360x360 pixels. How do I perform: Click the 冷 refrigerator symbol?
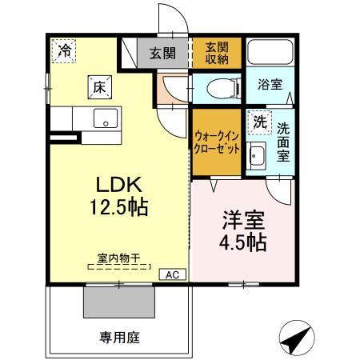click(63, 50)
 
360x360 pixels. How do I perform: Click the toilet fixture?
click(218, 88)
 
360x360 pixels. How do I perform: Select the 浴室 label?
click(268, 84)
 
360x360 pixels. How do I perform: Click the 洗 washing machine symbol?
click(258, 122)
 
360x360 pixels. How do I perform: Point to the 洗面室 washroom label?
click(283, 142)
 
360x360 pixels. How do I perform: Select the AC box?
click(171, 274)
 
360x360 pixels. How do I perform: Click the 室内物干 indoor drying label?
click(118, 258)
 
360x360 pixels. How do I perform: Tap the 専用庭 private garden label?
click(121, 338)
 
